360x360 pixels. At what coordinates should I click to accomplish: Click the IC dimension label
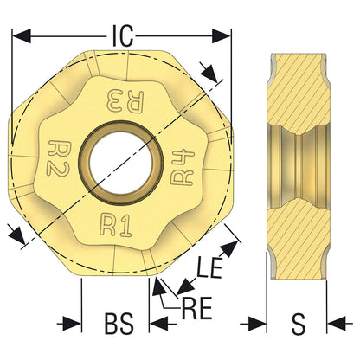click(123, 35)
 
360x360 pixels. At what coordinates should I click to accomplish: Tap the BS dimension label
click(119, 324)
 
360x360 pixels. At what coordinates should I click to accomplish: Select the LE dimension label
click(209, 267)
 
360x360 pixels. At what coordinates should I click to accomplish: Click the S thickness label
click(298, 324)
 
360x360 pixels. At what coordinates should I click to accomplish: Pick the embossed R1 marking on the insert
click(115, 226)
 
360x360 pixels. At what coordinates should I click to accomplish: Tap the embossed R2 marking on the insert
click(58, 157)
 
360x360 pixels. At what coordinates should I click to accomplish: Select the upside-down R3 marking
click(125, 101)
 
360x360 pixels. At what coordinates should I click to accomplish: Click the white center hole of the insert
click(119, 162)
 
